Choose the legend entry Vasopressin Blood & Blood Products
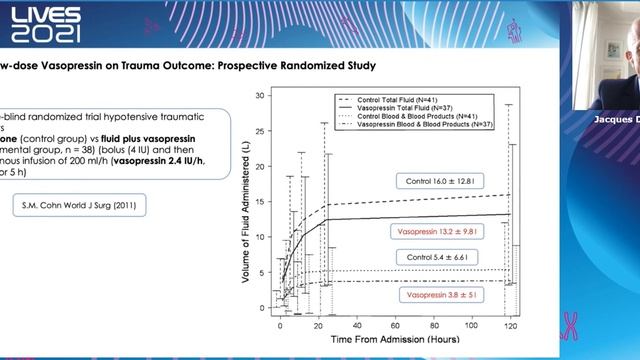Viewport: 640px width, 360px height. click(x=425, y=124)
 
